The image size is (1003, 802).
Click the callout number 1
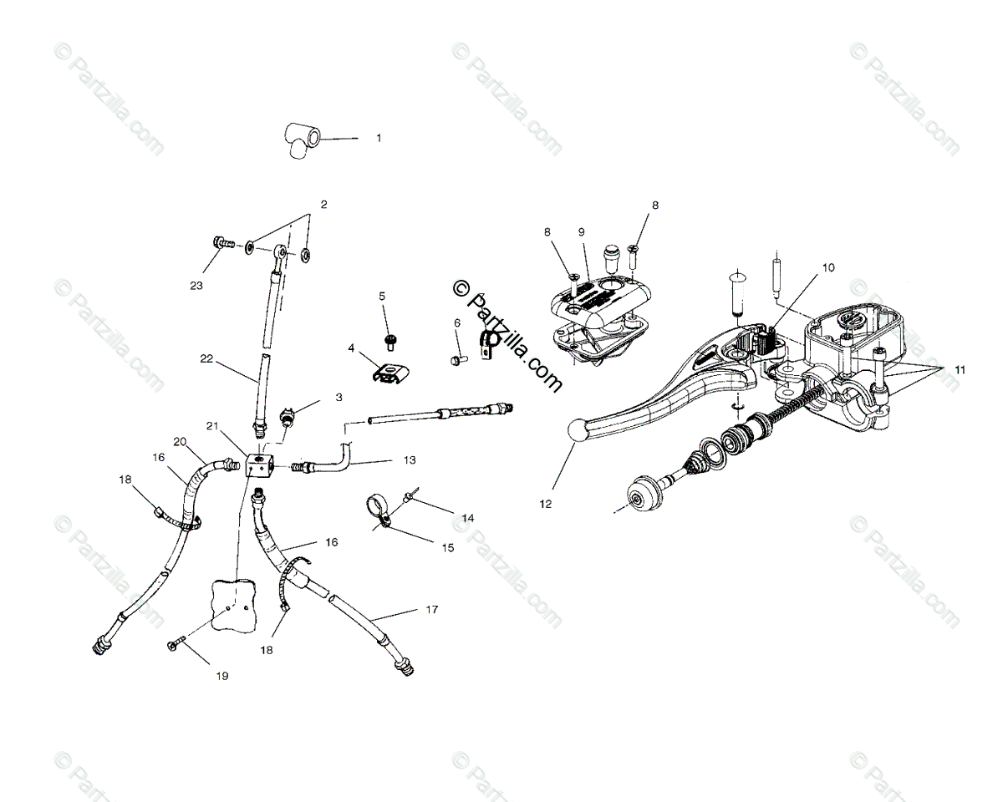point(378,138)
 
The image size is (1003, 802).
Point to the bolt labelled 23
point(223,245)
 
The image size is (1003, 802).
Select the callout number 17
point(431,610)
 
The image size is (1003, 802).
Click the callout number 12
point(546,504)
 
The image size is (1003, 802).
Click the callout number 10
point(827,268)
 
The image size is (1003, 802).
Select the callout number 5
point(382,296)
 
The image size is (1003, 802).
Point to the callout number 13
point(409,459)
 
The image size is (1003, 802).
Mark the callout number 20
point(179,442)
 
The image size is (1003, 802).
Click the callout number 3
point(339,398)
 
